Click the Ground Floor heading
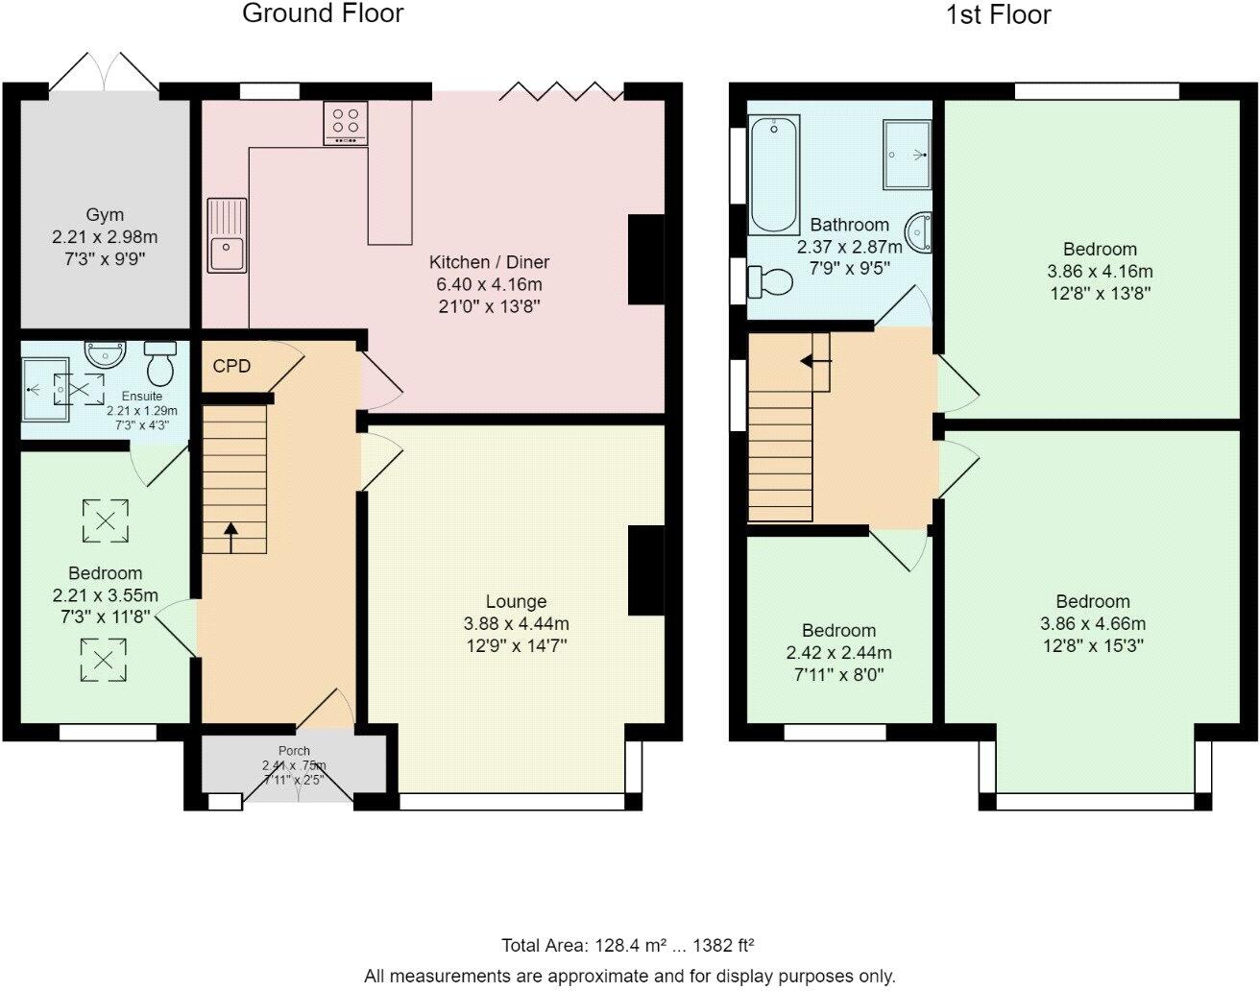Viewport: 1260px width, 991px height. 323,13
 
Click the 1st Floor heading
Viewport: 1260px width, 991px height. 999,14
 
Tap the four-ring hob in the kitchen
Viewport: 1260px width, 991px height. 346,123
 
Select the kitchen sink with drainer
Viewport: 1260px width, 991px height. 227,235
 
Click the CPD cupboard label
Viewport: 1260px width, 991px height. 231,366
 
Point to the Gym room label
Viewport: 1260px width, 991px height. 105,215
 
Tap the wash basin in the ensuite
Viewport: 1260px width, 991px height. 104,354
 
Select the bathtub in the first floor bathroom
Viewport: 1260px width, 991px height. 774,174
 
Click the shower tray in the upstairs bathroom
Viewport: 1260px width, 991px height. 907,154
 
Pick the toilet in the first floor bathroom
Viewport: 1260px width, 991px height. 770,281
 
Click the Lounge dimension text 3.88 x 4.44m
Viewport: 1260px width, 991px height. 516,624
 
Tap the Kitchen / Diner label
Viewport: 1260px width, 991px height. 489,262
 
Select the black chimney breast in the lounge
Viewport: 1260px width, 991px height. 645,570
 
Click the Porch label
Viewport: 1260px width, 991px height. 294,751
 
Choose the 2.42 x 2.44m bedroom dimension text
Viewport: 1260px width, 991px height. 838,653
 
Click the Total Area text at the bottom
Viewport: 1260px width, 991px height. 634,945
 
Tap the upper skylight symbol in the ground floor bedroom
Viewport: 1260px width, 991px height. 106,520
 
